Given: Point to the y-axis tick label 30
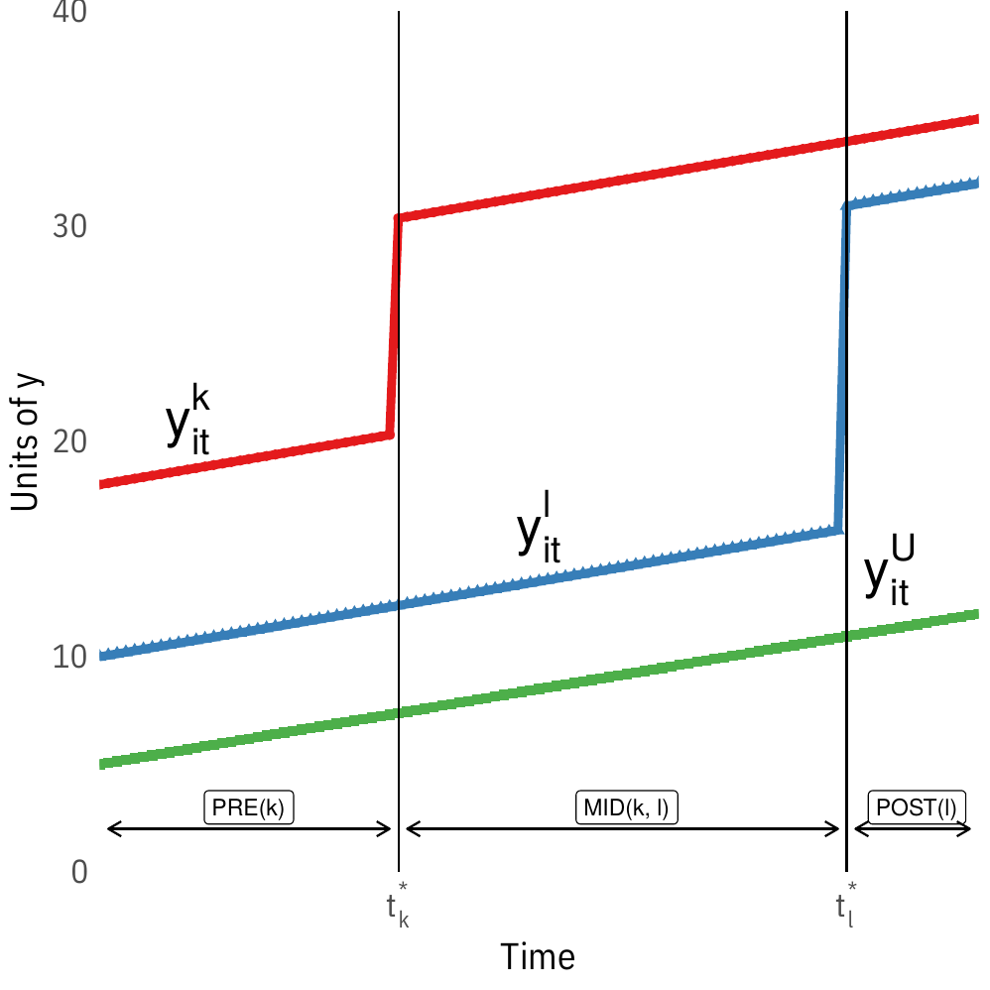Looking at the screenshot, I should [67, 227].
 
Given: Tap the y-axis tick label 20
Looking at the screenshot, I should [67, 441].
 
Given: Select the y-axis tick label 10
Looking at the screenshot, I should [67, 657].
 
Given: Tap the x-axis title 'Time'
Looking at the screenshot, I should [537, 957].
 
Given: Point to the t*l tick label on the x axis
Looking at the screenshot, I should [846, 905].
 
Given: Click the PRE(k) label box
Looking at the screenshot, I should [249, 807].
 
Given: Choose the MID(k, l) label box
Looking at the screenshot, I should [625, 807].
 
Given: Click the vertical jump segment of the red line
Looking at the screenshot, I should [394, 327].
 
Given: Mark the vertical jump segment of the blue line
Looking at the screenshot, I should [842, 367].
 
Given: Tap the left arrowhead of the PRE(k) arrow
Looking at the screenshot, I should [110, 829].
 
